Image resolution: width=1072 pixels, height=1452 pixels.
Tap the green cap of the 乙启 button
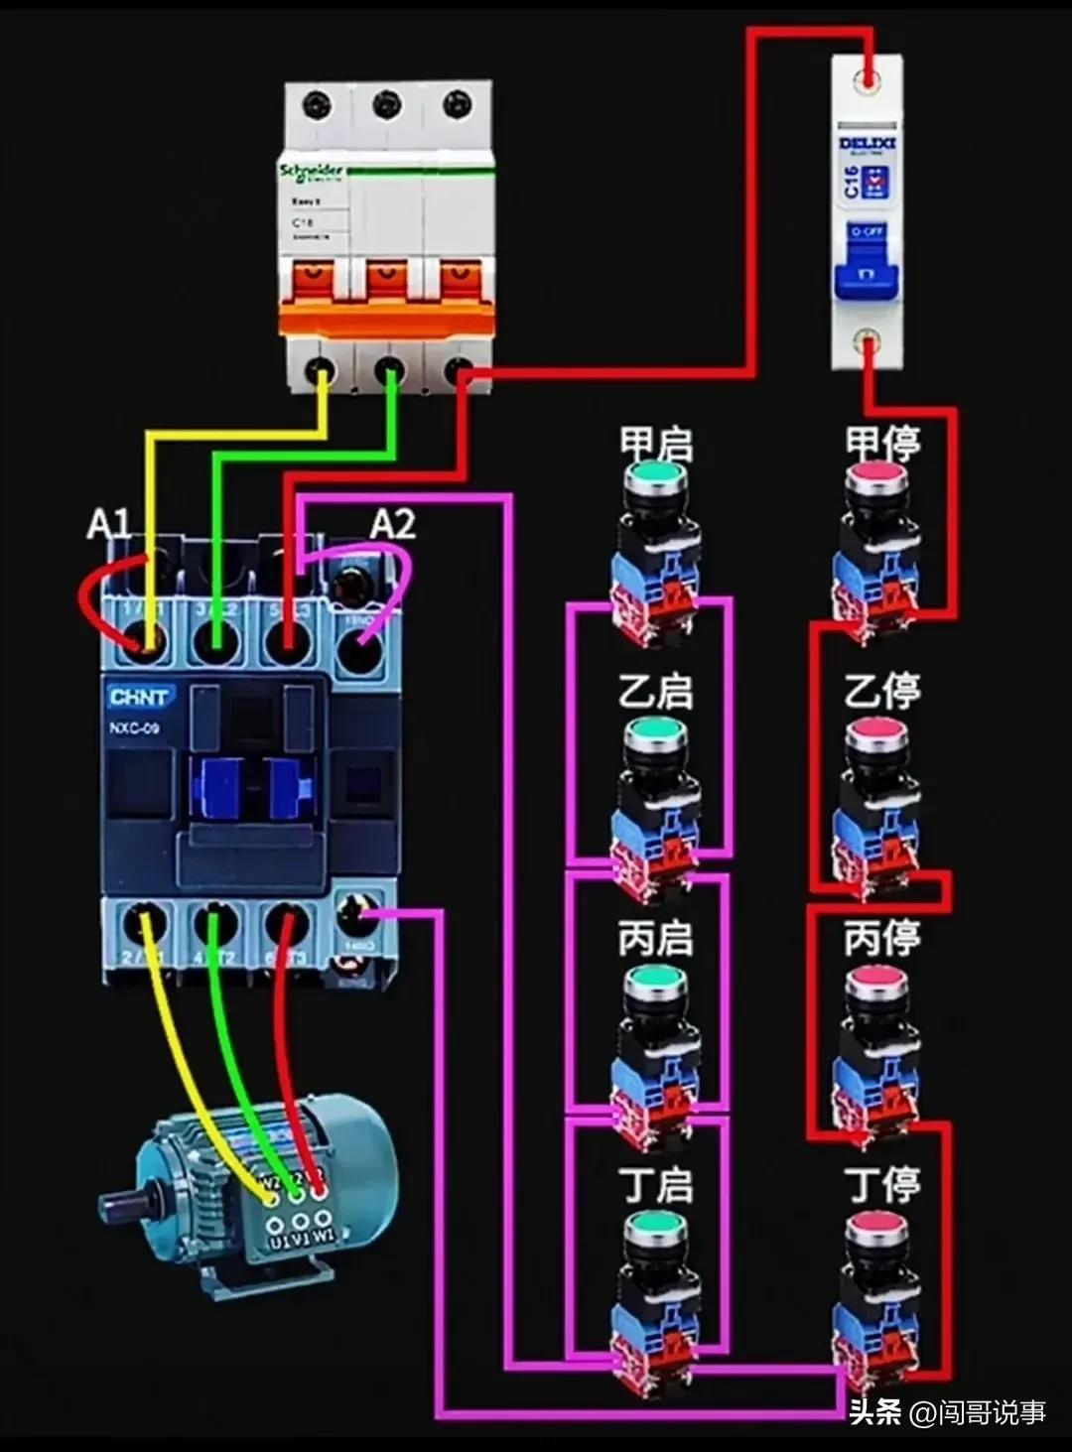tap(655, 733)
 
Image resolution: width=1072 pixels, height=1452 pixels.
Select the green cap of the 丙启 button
tap(655, 981)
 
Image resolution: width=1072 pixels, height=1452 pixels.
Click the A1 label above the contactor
tap(108, 523)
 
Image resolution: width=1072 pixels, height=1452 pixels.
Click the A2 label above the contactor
tap(392, 523)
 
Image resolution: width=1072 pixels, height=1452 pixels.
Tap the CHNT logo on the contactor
tap(139, 696)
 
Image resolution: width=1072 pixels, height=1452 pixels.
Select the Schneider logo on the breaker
tap(311, 172)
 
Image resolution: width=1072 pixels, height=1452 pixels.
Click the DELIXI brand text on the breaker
tap(867, 144)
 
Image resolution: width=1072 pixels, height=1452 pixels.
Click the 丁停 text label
tap(881, 1185)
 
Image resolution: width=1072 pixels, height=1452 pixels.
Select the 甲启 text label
tap(655, 443)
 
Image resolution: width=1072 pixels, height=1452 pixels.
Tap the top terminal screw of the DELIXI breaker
tap(869, 76)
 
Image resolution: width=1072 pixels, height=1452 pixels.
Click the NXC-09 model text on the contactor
tap(134, 728)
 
